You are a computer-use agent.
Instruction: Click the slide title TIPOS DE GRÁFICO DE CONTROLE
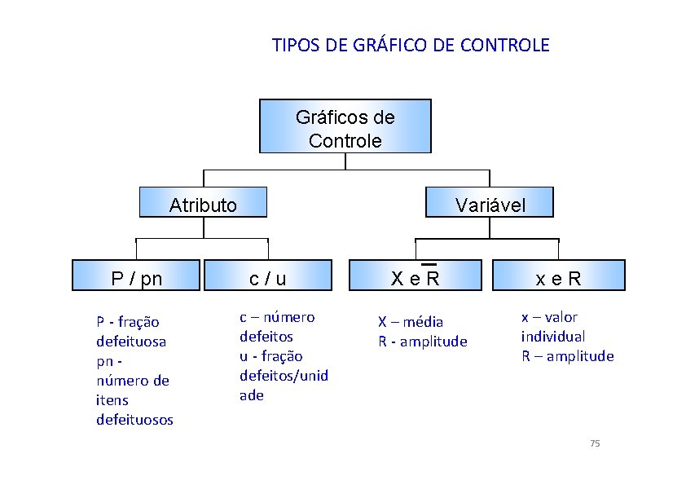411,45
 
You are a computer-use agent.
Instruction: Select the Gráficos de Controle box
345,127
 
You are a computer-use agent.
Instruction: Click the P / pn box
136,277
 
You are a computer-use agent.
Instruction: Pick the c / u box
267,277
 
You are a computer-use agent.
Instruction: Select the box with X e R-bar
415,277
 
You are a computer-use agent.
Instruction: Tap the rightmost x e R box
558,277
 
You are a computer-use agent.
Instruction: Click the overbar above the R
429,265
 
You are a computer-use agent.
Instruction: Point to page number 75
594,443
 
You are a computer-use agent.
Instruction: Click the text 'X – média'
411,322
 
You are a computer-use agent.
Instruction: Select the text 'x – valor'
549,317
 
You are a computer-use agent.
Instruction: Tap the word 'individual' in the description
553,337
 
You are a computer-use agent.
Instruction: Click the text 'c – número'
277,317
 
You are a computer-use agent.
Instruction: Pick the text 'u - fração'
270,356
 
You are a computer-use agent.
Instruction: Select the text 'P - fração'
128,322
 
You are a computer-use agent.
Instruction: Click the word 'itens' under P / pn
112,400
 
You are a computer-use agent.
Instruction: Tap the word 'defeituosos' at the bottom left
134,420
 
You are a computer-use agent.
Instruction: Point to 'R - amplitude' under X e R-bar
423,342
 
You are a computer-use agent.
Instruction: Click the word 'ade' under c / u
251,395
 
